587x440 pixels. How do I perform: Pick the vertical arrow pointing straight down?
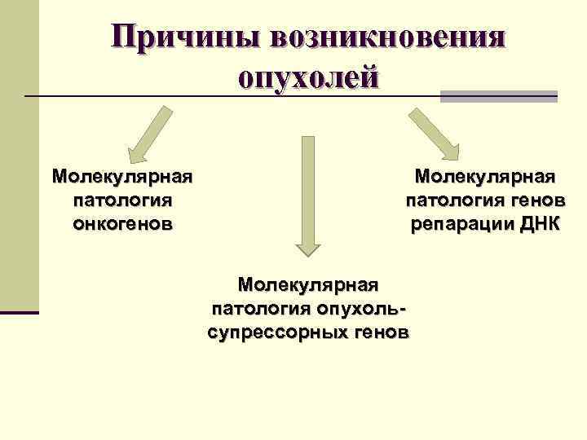pos(308,196)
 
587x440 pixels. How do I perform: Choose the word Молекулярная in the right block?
pos(485,177)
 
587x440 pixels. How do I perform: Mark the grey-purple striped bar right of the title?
pos(498,96)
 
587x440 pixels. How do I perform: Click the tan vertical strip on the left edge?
pos(19,155)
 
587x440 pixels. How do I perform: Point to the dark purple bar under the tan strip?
pos(19,312)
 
